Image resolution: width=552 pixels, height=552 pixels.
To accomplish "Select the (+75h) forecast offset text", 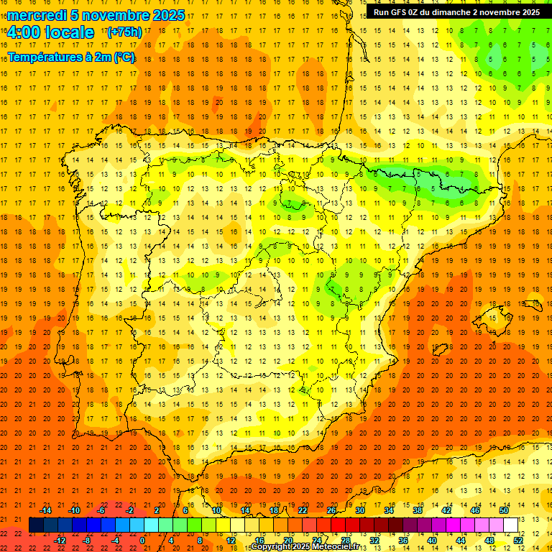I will click(124, 32).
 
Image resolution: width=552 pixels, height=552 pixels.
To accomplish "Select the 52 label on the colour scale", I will click(518, 540).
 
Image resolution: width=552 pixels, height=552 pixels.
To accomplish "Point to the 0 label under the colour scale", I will click(142, 540).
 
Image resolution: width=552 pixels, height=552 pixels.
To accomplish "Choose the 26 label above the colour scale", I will click(331, 510).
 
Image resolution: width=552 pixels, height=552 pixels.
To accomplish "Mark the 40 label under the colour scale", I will click(431, 540).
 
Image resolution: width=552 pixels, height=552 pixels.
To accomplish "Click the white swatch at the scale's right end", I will click(510, 525).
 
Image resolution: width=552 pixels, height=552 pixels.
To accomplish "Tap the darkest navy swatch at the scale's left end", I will click(36, 525).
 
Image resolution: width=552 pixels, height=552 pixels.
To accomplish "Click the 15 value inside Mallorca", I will click(493, 318).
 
